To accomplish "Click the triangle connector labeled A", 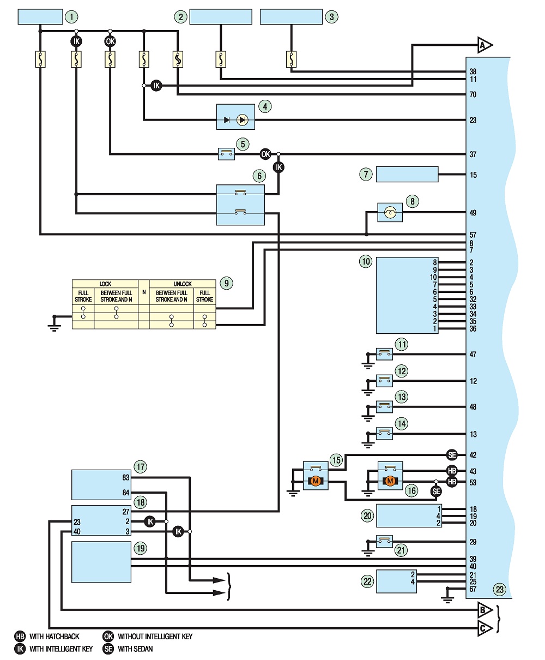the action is pos(485,46).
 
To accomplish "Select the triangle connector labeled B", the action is pos(485,610).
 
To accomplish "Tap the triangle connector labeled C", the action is pos(485,628).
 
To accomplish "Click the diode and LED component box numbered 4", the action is pos(235,117).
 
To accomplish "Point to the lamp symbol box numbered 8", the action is pos(390,212).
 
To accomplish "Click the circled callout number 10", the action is pos(366,261).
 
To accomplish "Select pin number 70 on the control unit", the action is pos(473,94).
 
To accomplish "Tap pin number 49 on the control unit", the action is pos(473,213).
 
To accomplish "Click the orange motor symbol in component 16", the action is pos(390,481).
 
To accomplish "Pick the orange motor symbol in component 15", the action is pos(316,481).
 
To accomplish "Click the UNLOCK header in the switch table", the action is pos(183,284).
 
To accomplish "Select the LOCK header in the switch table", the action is pos(105,284).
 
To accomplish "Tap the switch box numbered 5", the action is pos(226,154).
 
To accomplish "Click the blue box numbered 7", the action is pos(407,174).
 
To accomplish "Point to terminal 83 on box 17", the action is pos(126,477).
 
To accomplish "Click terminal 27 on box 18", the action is pos(126,512).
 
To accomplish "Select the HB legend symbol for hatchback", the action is pos(20,637).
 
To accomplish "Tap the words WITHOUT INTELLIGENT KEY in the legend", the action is pos(155,637).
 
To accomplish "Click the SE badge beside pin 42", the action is pos(452,455).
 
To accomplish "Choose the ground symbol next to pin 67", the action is pos(447,596).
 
